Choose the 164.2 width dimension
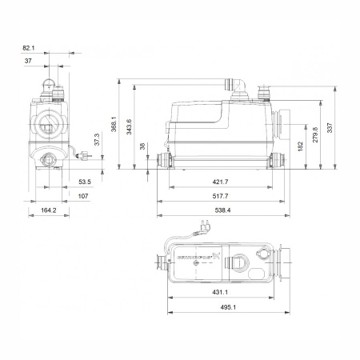click(49, 210)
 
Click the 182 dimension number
click(300, 147)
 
